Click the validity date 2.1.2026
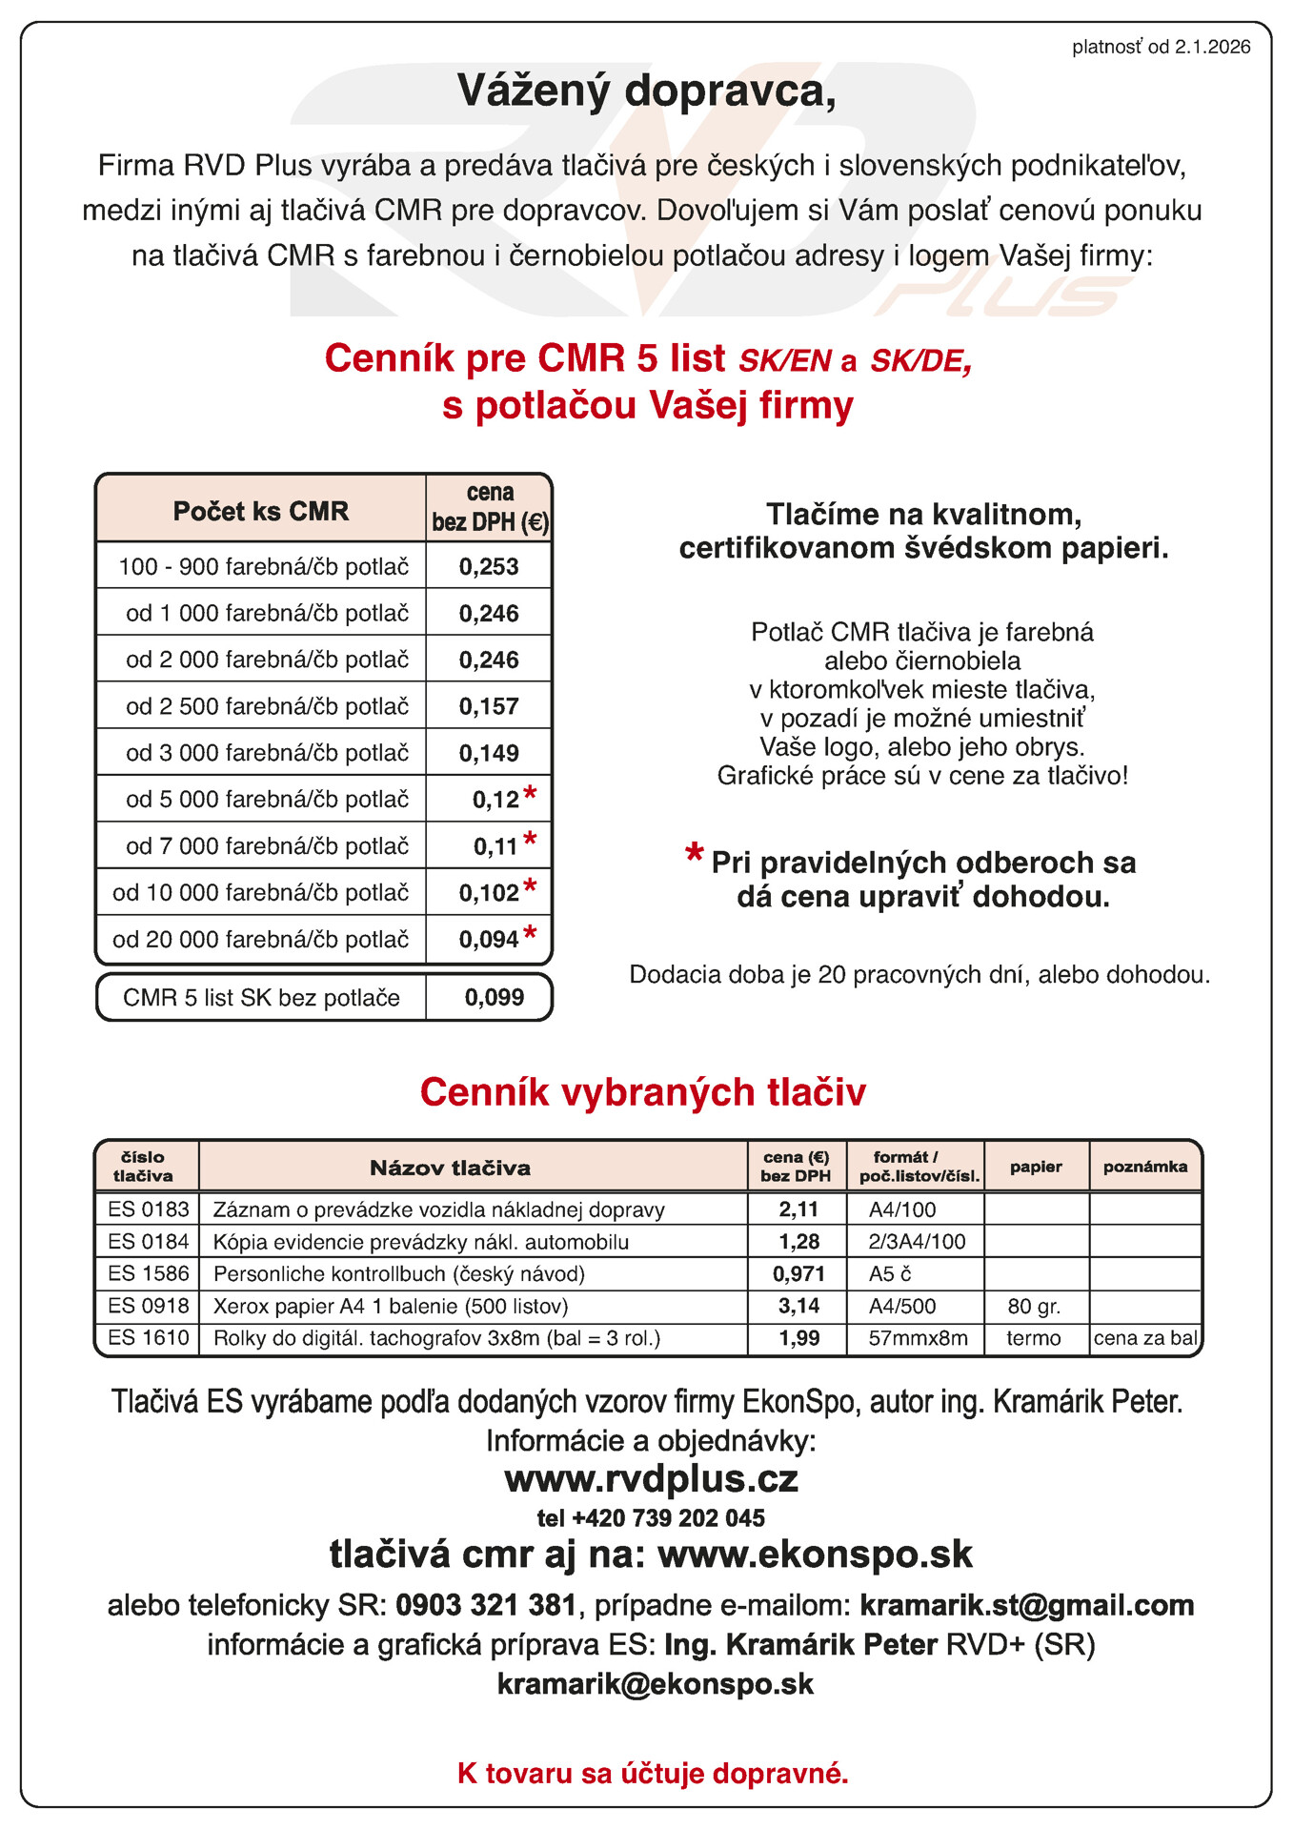click(x=1212, y=48)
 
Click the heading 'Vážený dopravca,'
click(x=646, y=91)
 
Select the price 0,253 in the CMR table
click(x=489, y=567)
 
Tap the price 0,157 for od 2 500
click(x=489, y=707)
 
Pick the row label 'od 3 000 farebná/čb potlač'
click(x=267, y=753)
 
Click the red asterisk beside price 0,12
click(x=531, y=794)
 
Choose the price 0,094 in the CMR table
click(x=489, y=940)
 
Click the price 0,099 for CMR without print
click(x=495, y=998)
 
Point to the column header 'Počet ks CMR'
click(x=261, y=512)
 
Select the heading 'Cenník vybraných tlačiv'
click(x=643, y=1092)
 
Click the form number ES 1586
click(x=149, y=1274)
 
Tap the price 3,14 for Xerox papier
click(x=798, y=1307)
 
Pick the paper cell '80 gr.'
click(x=1034, y=1307)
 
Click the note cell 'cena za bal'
click(x=1145, y=1338)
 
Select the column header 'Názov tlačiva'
click(x=450, y=1168)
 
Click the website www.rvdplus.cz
click(x=651, y=1479)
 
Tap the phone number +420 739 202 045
click(x=668, y=1518)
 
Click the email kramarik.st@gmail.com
click(x=1026, y=1605)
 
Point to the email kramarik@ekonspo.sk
click(x=656, y=1684)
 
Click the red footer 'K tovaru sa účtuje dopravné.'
click(x=653, y=1774)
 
